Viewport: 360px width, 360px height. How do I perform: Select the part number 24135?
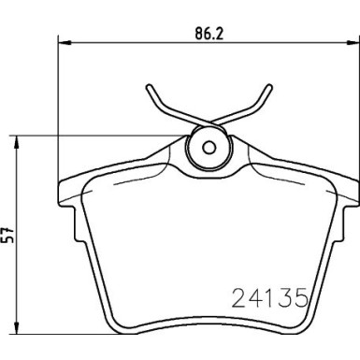click(269, 300)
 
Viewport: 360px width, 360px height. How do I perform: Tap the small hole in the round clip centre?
click(208, 147)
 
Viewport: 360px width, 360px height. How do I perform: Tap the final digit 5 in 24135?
click(303, 300)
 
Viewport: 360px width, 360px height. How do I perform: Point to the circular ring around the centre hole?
click(208, 135)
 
